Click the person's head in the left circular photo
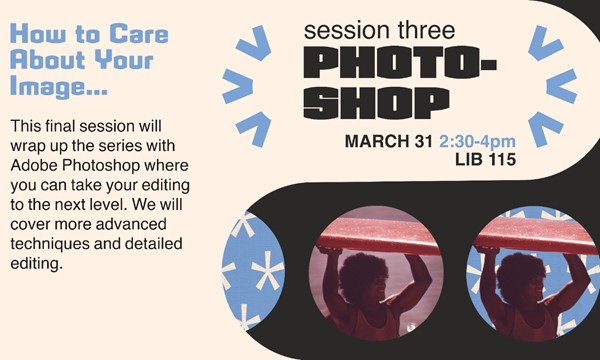[358, 267]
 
